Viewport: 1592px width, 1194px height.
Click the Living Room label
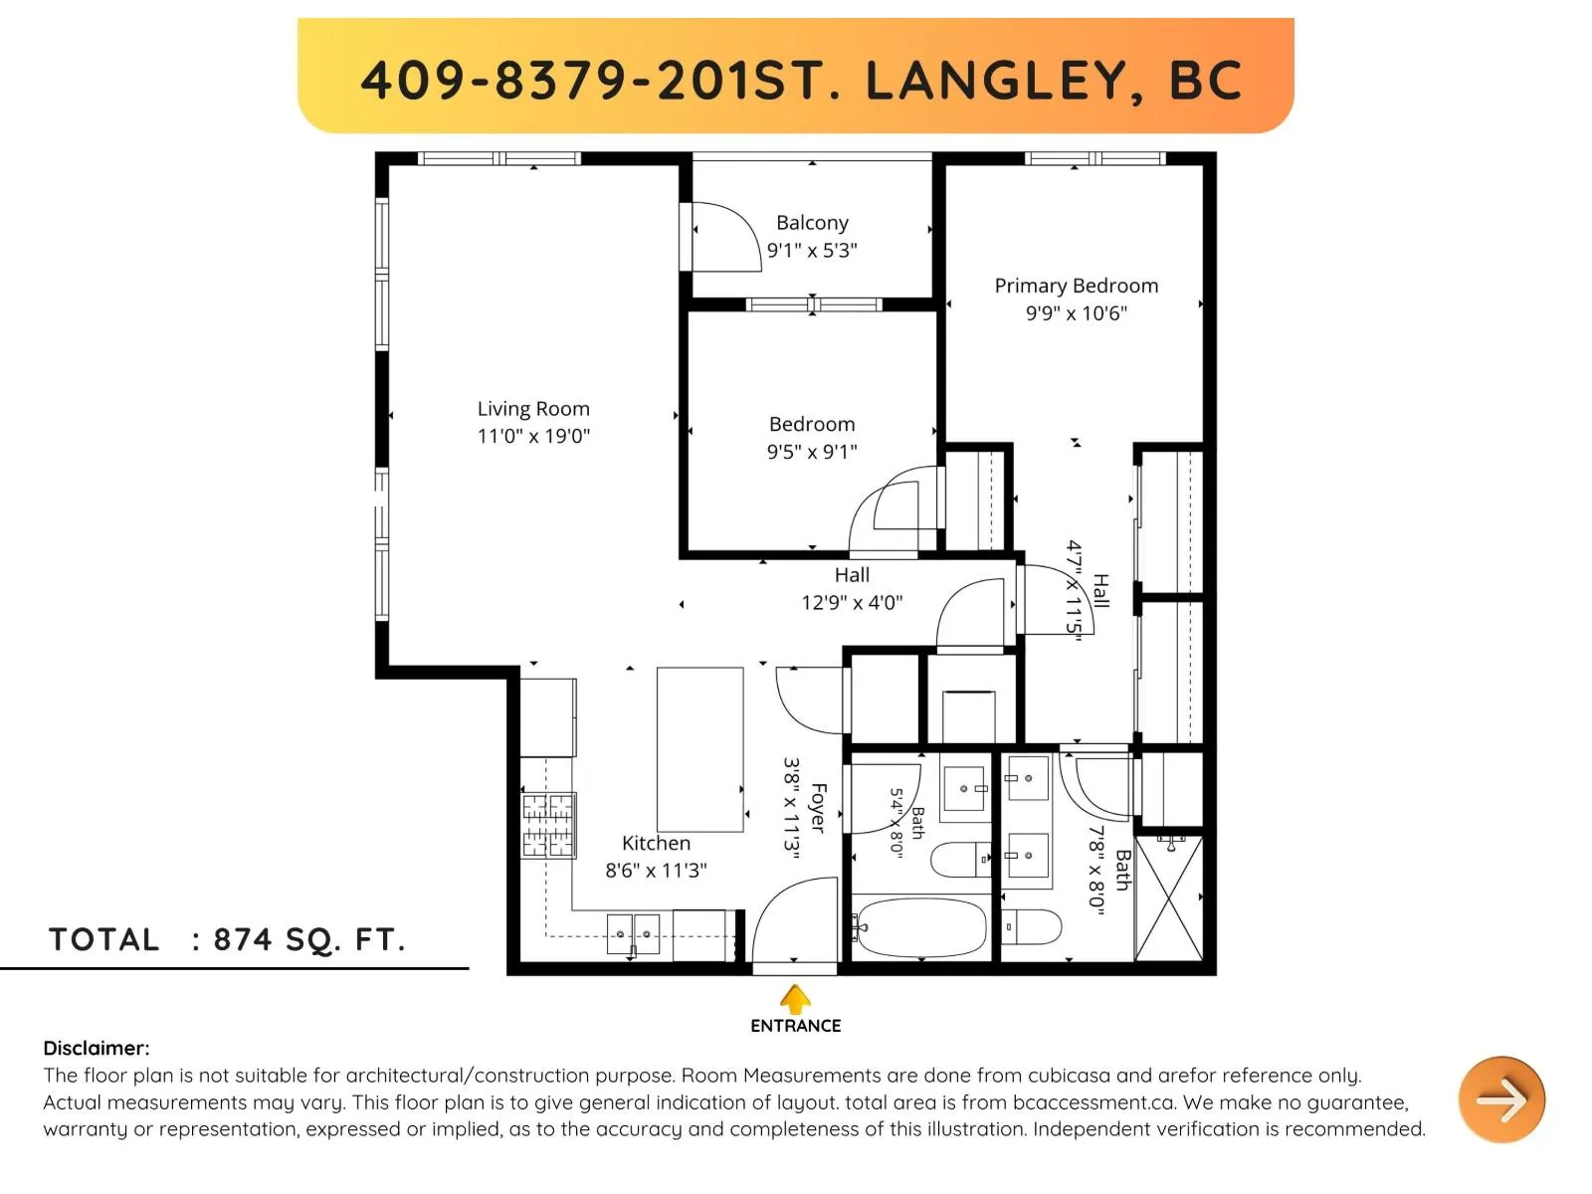coord(533,409)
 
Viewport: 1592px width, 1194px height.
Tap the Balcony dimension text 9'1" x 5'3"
coord(812,250)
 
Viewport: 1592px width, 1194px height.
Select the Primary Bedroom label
coord(1076,286)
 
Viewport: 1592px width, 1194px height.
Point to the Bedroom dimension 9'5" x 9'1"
coord(812,452)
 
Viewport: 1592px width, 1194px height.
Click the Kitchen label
coord(656,843)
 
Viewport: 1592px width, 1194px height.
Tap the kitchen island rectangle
coord(699,749)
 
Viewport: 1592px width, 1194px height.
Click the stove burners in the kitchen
coord(547,826)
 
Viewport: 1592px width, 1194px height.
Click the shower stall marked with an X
coord(1168,898)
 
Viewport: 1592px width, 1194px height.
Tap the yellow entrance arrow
coord(795,999)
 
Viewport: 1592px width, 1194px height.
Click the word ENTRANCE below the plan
coord(795,1026)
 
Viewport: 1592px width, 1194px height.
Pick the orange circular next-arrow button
coord(1501,1099)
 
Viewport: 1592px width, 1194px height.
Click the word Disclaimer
coord(96,1048)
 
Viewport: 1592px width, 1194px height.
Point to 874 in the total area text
coord(242,939)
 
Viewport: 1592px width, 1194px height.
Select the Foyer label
coord(818,808)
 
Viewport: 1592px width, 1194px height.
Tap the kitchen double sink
coord(633,933)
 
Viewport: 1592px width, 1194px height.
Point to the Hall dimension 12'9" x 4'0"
coord(852,602)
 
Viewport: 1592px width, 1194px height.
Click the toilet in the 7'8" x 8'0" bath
coord(1032,926)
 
